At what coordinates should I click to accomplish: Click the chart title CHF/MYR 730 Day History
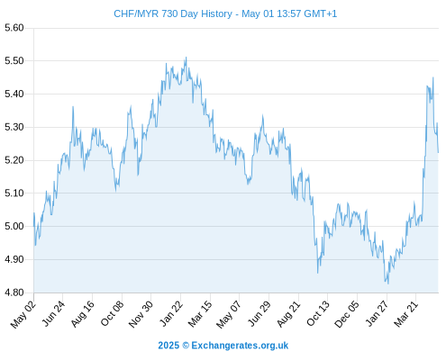pyautogui.click(x=173, y=13)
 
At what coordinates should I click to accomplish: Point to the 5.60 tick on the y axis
pyautogui.click(x=14, y=28)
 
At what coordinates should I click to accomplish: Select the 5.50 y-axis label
pyautogui.click(x=14, y=61)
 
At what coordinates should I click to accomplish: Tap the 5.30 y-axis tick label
pyautogui.click(x=14, y=127)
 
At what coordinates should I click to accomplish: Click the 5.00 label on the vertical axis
pyautogui.click(x=14, y=226)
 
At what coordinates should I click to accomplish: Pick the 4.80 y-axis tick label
pyautogui.click(x=14, y=292)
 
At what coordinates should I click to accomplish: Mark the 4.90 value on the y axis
pyautogui.click(x=14, y=259)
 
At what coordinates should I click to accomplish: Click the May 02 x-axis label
pyautogui.click(x=23, y=314)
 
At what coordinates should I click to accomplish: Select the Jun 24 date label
pyautogui.click(x=53, y=314)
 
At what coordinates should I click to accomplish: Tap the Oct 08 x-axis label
pyautogui.click(x=112, y=314)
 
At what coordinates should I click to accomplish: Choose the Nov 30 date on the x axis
pyautogui.click(x=141, y=314)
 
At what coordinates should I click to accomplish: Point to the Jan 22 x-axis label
pyautogui.click(x=171, y=314)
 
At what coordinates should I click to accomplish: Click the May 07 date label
pyautogui.click(x=229, y=315)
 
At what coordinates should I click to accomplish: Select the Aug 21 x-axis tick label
pyautogui.click(x=288, y=314)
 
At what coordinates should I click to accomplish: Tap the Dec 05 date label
pyautogui.click(x=346, y=314)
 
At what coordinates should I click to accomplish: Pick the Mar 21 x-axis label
pyautogui.click(x=405, y=314)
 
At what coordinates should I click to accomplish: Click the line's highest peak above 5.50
pyautogui.click(x=187, y=58)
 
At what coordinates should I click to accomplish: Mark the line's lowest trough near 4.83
pyautogui.click(x=388, y=283)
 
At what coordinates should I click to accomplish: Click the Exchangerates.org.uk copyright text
pyautogui.click(x=223, y=346)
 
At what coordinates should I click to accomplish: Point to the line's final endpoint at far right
pyautogui.click(x=438, y=152)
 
